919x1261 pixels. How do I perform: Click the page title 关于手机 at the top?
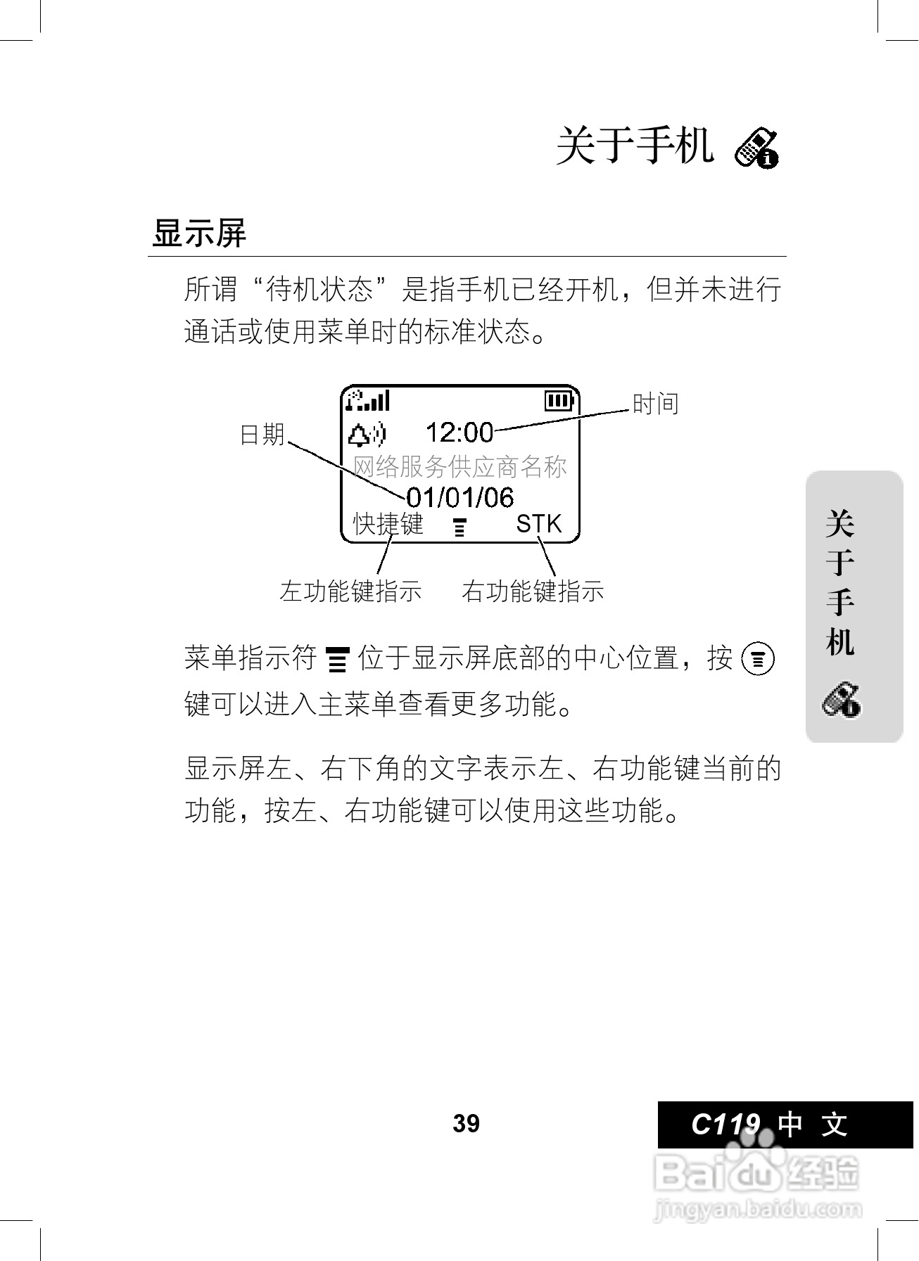(x=635, y=146)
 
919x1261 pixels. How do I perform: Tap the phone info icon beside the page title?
(x=756, y=148)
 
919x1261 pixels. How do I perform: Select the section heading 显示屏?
(x=199, y=233)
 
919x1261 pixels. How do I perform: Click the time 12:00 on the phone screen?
(x=459, y=432)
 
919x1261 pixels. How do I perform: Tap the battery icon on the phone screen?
(x=560, y=401)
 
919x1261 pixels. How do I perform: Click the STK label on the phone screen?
(x=539, y=524)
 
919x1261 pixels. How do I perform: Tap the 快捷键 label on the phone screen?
(x=388, y=524)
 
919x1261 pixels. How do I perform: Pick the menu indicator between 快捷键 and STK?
(x=459, y=527)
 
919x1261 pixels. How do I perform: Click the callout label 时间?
(x=655, y=404)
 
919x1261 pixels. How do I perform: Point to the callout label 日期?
(x=262, y=435)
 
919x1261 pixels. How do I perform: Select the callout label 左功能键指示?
(x=350, y=591)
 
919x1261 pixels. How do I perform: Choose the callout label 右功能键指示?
(x=533, y=591)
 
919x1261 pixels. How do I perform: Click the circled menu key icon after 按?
(x=759, y=660)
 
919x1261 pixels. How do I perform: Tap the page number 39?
(x=466, y=1123)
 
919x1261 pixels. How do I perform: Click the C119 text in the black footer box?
(x=725, y=1124)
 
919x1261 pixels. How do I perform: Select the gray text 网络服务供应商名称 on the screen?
(x=459, y=466)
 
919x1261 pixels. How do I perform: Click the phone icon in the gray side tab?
(x=842, y=700)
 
